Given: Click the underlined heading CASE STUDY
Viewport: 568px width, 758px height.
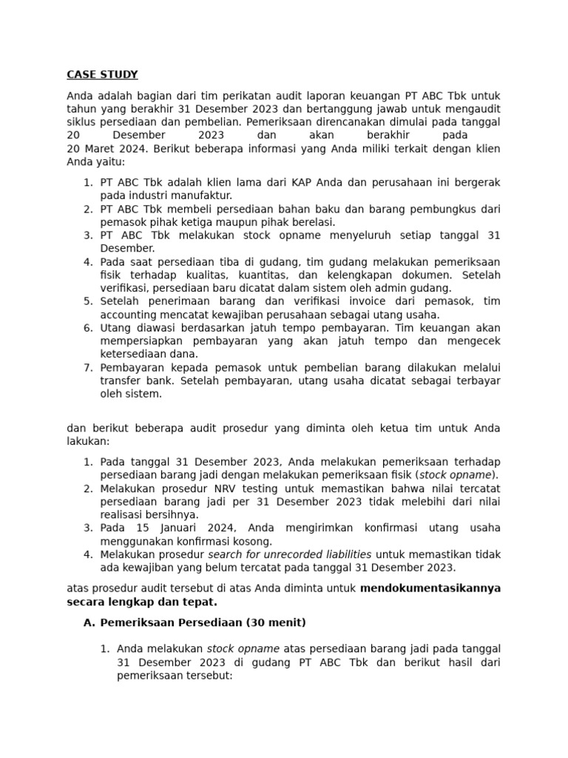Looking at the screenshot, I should tap(102, 75).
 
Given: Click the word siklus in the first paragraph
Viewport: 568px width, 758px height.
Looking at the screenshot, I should tap(81, 122).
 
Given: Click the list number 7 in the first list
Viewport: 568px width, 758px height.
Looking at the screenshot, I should tap(87, 368).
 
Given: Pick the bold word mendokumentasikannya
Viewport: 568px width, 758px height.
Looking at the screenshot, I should tap(430, 588).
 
